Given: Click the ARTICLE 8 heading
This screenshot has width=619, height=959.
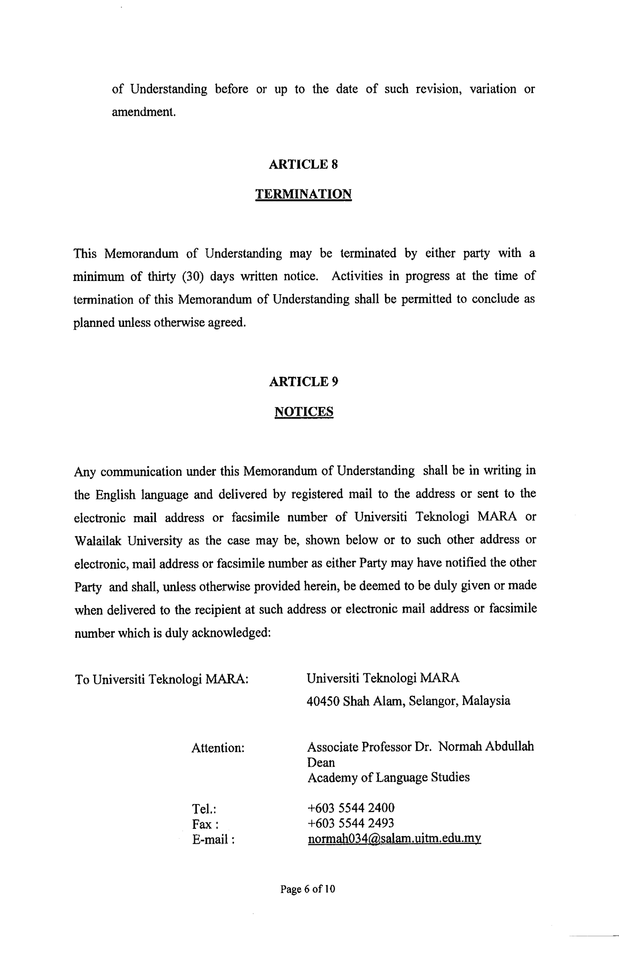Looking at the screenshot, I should coord(303,164).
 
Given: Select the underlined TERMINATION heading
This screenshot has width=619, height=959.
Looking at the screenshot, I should coord(303,194).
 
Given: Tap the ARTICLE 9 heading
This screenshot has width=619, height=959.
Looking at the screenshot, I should coord(303,382).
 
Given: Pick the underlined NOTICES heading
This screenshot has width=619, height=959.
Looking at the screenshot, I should coord(304,412).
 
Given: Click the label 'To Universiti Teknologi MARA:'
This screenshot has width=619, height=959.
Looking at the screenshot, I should coord(161,679).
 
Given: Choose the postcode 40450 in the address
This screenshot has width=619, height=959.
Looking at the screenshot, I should coord(323,701).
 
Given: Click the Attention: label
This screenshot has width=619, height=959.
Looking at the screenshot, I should coord(218,748).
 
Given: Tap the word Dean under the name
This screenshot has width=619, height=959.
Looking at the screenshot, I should coord(321,762).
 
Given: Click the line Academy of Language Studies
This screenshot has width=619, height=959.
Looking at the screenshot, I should coord(388,778).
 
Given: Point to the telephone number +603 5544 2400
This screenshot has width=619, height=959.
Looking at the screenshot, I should coord(351,808).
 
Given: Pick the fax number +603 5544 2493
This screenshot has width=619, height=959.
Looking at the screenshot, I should coord(351,823).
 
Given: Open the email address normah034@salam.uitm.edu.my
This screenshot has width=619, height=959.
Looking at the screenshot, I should coord(394,838).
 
